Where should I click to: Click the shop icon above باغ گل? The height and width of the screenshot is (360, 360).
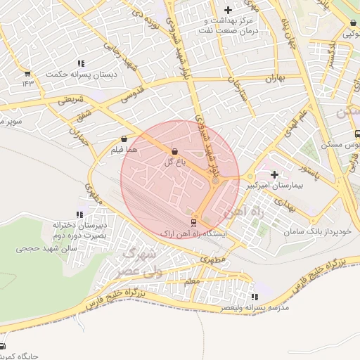[x=174, y=151]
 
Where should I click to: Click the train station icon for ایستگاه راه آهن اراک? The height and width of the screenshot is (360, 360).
[x=194, y=222]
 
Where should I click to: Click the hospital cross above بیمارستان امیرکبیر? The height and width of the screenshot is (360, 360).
[x=274, y=174]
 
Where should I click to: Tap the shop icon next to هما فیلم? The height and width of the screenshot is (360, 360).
[x=124, y=139]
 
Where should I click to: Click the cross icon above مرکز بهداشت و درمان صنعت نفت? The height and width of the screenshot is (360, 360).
[x=227, y=10]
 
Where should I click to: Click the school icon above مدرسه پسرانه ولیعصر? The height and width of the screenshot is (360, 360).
[x=254, y=297]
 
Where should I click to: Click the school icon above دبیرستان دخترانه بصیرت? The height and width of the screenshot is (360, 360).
[x=79, y=214]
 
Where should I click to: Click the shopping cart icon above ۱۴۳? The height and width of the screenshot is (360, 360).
[x=27, y=73]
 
